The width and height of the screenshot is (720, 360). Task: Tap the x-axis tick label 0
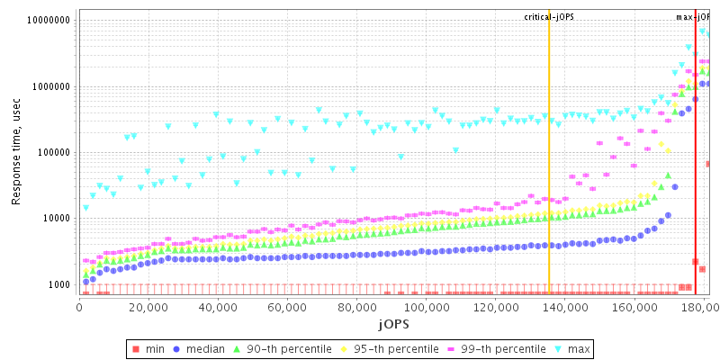tap(80, 308)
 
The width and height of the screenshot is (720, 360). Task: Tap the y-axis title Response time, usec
tap(17, 153)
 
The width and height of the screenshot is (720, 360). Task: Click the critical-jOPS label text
tap(549, 17)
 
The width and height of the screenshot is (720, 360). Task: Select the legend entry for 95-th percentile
tap(386, 348)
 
